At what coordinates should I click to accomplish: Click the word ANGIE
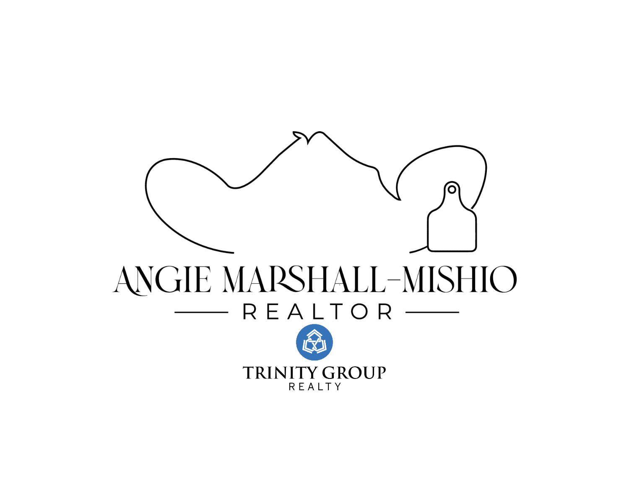(x=161, y=280)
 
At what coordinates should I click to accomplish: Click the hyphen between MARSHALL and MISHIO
(x=394, y=280)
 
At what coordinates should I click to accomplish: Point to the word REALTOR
(x=317, y=312)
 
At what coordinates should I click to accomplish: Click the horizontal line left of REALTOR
(x=201, y=312)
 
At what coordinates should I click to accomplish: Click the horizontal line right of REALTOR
(x=432, y=312)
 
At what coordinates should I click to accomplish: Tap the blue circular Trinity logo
(x=314, y=342)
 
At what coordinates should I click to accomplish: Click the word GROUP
(x=354, y=373)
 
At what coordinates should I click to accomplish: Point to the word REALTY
(x=315, y=387)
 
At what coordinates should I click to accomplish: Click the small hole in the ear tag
(x=452, y=190)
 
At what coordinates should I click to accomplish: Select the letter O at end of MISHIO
(x=503, y=279)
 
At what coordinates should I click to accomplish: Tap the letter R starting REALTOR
(x=250, y=312)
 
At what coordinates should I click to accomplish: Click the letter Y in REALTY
(x=338, y=387)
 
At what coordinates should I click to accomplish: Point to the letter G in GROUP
(x=329, y=373)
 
